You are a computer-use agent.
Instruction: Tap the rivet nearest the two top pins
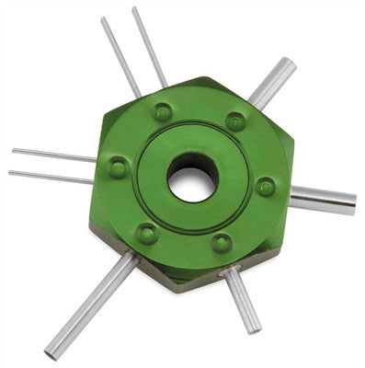163,111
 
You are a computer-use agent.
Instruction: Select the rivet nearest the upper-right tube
235,121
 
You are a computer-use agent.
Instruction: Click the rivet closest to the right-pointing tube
266,187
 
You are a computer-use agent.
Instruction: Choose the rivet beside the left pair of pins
118,167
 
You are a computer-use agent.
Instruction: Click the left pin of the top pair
120,55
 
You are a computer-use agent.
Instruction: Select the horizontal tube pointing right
322,199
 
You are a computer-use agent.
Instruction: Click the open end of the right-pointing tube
352,204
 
